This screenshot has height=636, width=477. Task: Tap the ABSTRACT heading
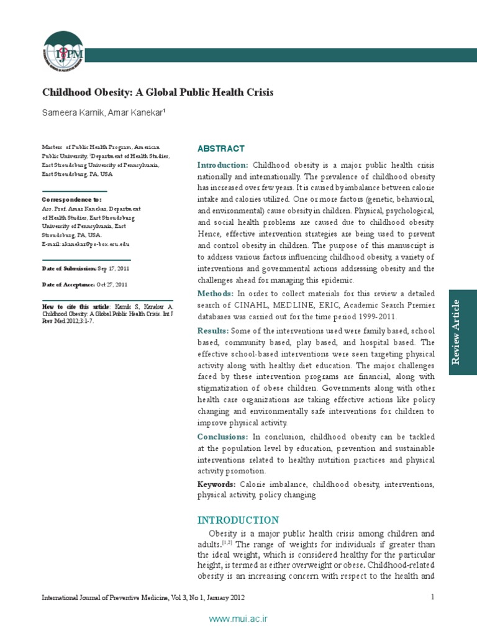(x=220, y=149)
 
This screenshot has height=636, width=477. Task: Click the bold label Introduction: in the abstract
(x=223, y=165)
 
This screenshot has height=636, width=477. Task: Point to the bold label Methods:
(x=216, y=293)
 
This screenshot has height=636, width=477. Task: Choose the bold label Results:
(x=213, y=330)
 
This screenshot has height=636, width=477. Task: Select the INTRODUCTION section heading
(x=238, y=520)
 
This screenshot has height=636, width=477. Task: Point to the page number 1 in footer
(x=432, y=597)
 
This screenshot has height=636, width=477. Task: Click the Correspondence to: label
(x=71, y=200)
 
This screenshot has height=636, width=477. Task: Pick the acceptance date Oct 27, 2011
(x=111, y=284)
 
